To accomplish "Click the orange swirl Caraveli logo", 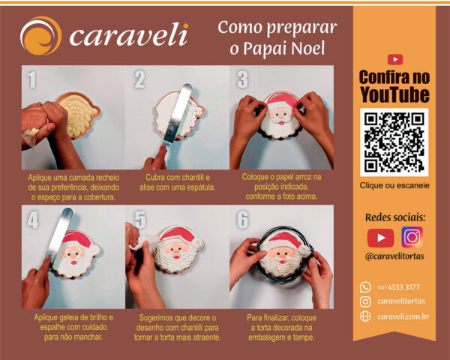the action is point(40,36).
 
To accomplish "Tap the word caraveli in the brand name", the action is point(129,35).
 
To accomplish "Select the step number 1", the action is point(31,79).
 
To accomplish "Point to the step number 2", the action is point(139,79).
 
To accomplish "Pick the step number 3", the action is point(242,79).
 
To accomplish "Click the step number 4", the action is point(33,220).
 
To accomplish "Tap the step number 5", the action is point(140,220).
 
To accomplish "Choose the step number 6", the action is point(242,220).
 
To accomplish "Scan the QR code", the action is point(394,142).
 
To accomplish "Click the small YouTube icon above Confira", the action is point(395,59).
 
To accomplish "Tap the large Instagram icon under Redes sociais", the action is point(412,237).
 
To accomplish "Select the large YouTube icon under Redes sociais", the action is point(380,238).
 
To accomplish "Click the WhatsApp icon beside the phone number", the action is point(365,287).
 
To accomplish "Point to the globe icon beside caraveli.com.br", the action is point(365,316).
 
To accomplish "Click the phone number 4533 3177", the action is point(403,287).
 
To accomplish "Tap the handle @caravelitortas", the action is point(394,256).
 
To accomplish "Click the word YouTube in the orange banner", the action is point(394,94).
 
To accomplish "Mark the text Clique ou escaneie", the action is point(394,185).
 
